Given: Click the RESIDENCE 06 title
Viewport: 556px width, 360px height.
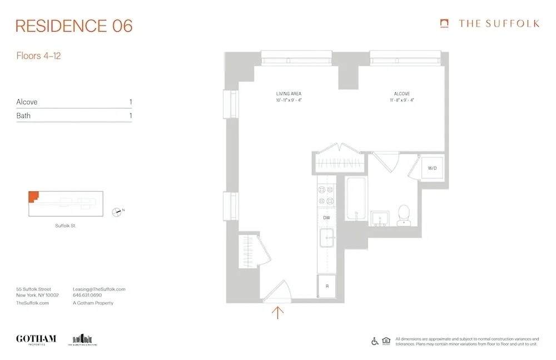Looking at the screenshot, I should click(74, 26).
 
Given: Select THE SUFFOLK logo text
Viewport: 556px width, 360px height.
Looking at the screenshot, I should click(498, 23).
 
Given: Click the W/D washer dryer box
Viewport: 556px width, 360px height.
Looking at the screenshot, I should click(432, 168).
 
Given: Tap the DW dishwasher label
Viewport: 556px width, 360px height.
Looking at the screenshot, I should click(326, 218).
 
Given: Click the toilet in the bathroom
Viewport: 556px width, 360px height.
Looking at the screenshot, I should click(404, 214).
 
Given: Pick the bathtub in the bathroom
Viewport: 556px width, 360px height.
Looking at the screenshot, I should click(354, 199).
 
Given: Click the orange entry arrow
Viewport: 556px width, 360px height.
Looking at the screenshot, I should click(277, 312).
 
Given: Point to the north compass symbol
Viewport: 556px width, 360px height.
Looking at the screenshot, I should click(117, 211).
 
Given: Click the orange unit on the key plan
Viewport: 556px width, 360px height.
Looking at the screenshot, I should click(33, 196).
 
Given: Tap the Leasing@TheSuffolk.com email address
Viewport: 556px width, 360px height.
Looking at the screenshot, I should click(99, 289).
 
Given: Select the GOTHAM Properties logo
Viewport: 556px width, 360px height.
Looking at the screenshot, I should click(36, 339).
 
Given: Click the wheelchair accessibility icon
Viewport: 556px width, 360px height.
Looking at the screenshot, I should click(375, 341).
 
